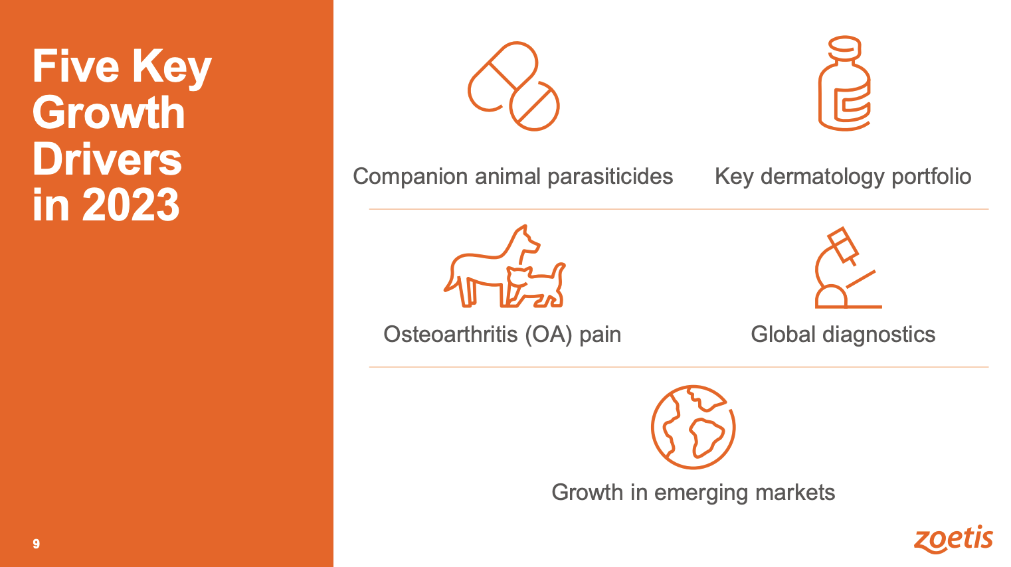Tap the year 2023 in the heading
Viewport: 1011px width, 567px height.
pos(131,204)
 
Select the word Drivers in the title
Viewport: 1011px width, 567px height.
pos(107,159)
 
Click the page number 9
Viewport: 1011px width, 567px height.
pos(36,544)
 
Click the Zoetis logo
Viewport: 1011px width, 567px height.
pos(953,538)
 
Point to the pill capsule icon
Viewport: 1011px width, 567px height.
pos(513,86)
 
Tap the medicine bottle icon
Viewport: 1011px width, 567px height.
pos(844,84)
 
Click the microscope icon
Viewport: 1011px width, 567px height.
pos(846,268)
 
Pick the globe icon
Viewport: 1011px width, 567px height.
pos(693,427)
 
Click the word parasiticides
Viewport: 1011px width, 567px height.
pos(610,177)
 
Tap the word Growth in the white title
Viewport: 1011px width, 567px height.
pos(109,112)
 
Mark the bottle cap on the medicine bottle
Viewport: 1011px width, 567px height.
pos(844,46)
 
